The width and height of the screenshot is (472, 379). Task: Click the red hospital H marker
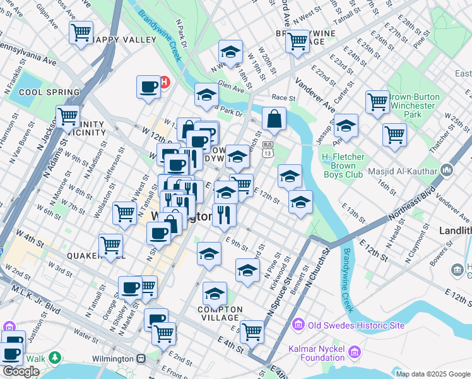pos(165,82)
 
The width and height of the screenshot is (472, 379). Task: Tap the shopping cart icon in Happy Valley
pos(81,32)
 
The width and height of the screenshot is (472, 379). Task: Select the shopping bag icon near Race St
pos(274,118)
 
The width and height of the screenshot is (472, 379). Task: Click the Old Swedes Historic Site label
pos(348,325)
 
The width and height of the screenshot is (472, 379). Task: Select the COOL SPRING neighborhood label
pos(49,92)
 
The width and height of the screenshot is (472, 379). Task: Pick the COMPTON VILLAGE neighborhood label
pos(215,313)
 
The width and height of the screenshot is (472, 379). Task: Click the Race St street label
pos(283,98)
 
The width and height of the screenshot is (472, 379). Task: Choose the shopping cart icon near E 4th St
pos(252,330)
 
